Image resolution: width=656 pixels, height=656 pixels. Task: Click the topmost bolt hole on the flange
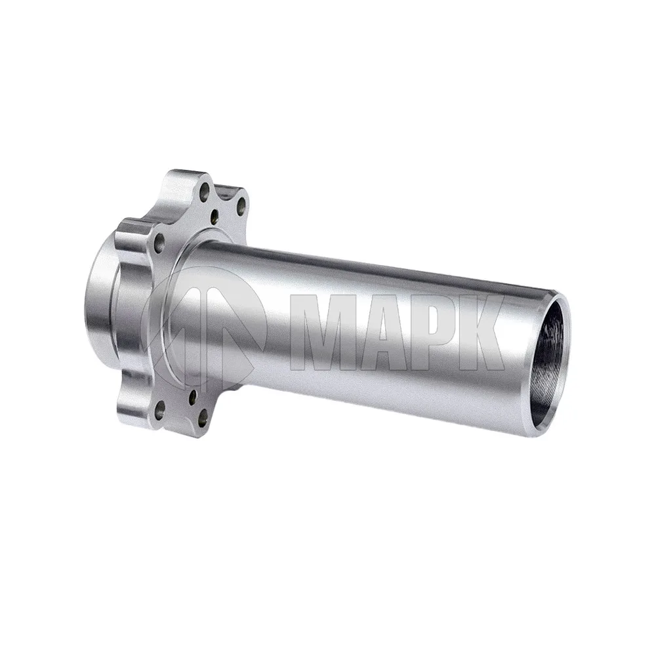[x=205, y=192]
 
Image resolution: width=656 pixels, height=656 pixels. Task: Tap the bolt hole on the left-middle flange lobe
[x=159, y=242]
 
